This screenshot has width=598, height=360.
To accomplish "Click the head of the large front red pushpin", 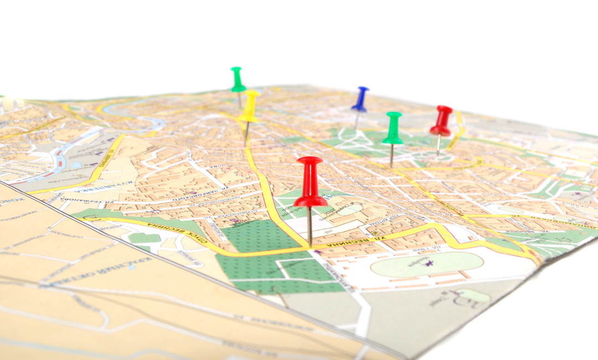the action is pyautogui.click(x=310, y=182).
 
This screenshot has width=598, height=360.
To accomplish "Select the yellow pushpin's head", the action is pyautogui.click(x=250, y=106).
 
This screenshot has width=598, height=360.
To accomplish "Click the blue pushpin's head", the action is pyautogui.click(x=360, y=99).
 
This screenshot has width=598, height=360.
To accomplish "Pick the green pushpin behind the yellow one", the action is pyautogui.click(x=238, y=80).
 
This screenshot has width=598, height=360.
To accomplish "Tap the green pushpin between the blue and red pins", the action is pyautogui.click(x=393, y=128).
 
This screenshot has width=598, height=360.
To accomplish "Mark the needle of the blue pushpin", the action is pyautogui.click(x=357, y=120).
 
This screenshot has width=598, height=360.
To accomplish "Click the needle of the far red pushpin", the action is pyautogui.click(x=439, y=145).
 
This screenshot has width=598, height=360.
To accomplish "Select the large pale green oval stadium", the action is pyautogui.click(x=426, y=264).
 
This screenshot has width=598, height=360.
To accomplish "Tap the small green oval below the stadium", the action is pyautogui.click(x=471, y=296).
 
